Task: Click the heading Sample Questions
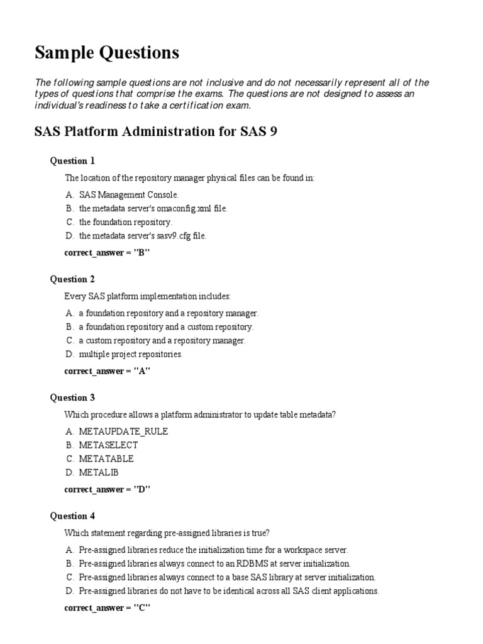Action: click(x=106, y=53)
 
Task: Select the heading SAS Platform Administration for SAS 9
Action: click(x=155, y=132)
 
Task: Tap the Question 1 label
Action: click(x=72, y=161)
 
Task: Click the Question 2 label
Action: click(x=72, y=279)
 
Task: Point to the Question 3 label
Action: click(x=72, y=397)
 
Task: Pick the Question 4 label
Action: click(x=72, y=516)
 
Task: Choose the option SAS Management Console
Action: click(x=129, y=195)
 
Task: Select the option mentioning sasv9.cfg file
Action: click(x=142, y=236)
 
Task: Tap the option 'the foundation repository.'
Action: click(x=125, y=222)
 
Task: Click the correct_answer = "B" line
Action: click(x=107, y=253)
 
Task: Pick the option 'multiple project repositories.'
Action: click(x=130, y=354)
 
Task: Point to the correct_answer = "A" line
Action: click(x=107, y=371)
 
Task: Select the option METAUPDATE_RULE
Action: click(x=123, y=431)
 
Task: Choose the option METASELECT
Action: click(x=108, y=445)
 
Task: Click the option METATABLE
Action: click(x=106, y=458)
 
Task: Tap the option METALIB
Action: click(x=99, y=472)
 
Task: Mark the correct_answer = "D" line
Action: click(x=107, y=489)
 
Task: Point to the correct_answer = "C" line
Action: click(x=107, y=608)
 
